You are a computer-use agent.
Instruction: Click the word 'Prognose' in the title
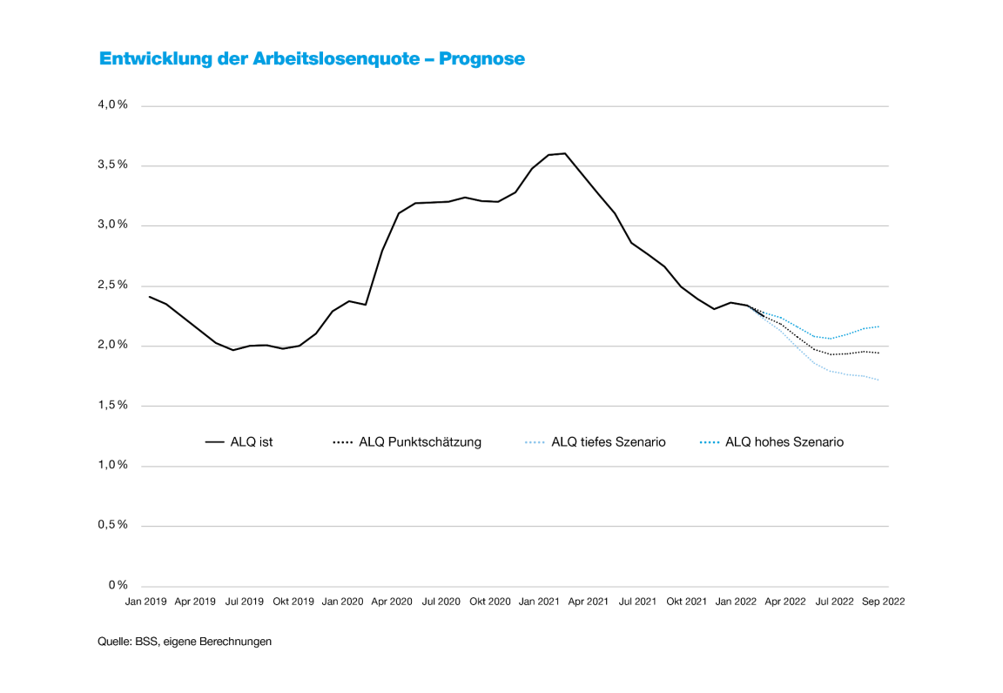click(x=481, y=59)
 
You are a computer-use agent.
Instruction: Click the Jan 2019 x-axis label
click(x=145, y=602)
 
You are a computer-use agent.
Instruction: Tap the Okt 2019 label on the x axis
click(x=293, y=602)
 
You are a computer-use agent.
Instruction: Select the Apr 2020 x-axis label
click(x=391, y=602)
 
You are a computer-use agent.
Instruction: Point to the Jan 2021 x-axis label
click(x=539, y=602)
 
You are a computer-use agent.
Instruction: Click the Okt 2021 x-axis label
click(x=686, y=602)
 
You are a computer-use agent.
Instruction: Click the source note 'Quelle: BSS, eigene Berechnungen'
click(x=185, y=643)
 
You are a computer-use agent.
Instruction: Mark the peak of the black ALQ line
click(x=565, y=153)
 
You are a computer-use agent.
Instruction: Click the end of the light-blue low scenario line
click(x=879, y=380)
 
